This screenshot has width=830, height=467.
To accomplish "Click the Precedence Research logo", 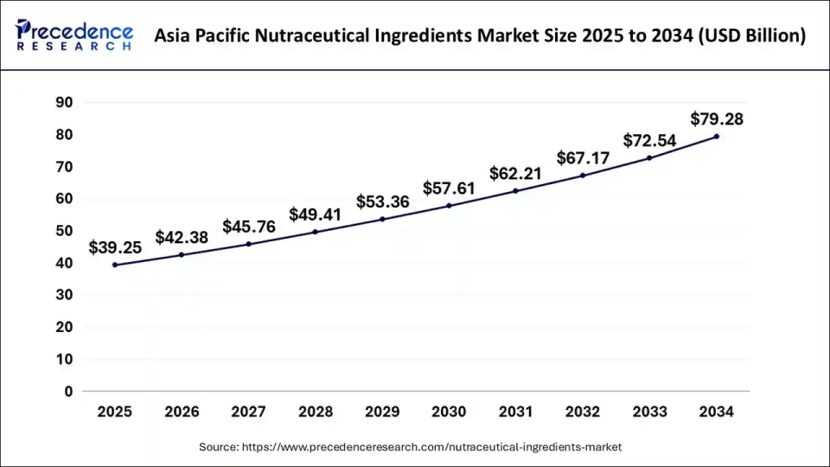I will coord(74,35).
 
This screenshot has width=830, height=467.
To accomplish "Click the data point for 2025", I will coord(114,265).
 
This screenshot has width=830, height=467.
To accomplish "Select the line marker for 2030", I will coord(449,206).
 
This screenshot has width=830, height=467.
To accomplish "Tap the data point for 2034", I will coord(717,136).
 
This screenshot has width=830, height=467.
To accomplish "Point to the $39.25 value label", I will coord(115,247).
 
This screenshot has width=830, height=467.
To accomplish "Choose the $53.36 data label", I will coord(382,202).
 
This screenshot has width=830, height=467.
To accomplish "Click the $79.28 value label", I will coord(717,118).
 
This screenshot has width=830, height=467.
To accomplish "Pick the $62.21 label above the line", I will coord(515,173).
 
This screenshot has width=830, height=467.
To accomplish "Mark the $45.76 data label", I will coord(248,227).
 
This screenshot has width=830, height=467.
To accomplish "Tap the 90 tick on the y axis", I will coord(64,102).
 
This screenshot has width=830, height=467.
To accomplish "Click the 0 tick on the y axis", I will coord(68,391).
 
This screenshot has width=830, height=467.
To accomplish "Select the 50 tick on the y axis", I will coord(64,231).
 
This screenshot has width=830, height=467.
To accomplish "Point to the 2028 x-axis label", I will coord(315,413).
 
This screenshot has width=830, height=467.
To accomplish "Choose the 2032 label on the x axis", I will coord(583,413).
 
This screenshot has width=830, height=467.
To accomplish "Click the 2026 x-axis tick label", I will coord(182,413).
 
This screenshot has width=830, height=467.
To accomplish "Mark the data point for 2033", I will coord(649,157).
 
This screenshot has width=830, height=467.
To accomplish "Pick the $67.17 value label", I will coord(582,157).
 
